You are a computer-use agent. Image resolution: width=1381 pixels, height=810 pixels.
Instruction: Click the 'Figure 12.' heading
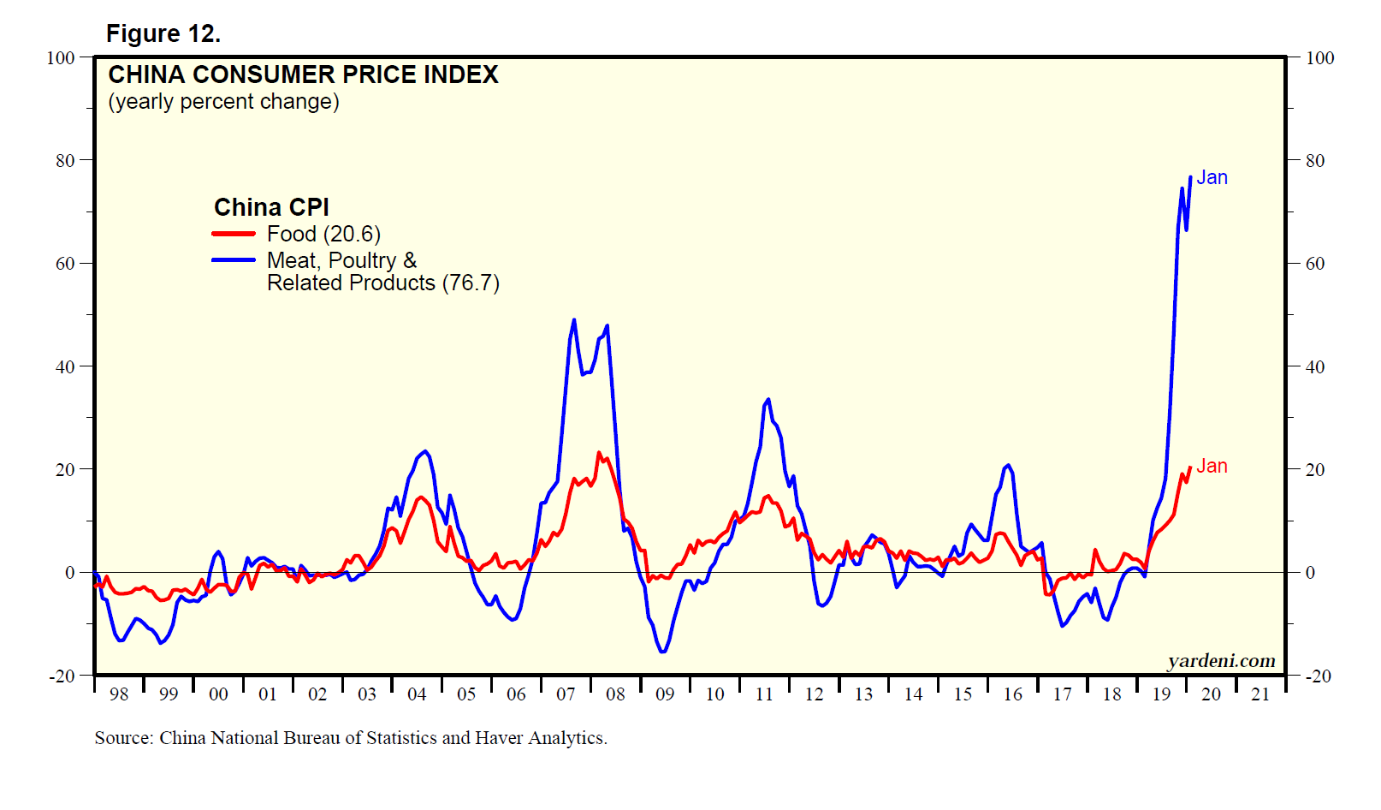(163, 33)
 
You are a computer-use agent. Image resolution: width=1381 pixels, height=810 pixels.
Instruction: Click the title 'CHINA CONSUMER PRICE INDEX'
(303, 75)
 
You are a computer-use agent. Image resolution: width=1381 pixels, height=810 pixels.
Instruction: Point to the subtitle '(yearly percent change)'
(223, 102)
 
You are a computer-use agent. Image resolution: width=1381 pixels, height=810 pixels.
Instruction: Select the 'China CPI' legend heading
(271, 207)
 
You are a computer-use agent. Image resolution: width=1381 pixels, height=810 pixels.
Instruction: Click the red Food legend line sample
(234, 234)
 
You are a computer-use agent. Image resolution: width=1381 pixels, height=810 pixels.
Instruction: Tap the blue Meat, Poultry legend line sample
(234, 260)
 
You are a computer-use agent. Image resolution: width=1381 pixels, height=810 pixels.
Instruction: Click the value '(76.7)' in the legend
(471, 283)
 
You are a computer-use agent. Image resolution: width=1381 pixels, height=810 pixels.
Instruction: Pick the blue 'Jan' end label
(1212, 177)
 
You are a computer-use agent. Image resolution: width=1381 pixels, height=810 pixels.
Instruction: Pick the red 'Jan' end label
(1212, 466)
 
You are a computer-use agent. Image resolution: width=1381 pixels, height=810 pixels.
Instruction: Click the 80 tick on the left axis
(65, 161)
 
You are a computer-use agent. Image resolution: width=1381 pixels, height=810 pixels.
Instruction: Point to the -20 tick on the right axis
(1318, 676)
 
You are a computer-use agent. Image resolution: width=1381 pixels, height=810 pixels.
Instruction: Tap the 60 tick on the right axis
(1315, 264)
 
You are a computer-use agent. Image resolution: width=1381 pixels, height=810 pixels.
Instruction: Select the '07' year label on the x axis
(566, 694)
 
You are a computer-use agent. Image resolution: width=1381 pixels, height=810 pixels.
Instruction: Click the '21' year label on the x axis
(1260, 694)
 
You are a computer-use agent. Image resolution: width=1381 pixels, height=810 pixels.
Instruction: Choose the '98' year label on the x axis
(119, 694)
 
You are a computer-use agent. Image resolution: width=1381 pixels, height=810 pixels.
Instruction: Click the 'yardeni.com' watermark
(1221, 661)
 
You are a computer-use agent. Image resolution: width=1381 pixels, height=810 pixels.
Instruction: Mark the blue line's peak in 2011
(768, 400)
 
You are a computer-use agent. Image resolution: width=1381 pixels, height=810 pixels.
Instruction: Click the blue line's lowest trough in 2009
(663, 652)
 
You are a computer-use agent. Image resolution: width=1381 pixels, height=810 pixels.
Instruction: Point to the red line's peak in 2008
(599, 453)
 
